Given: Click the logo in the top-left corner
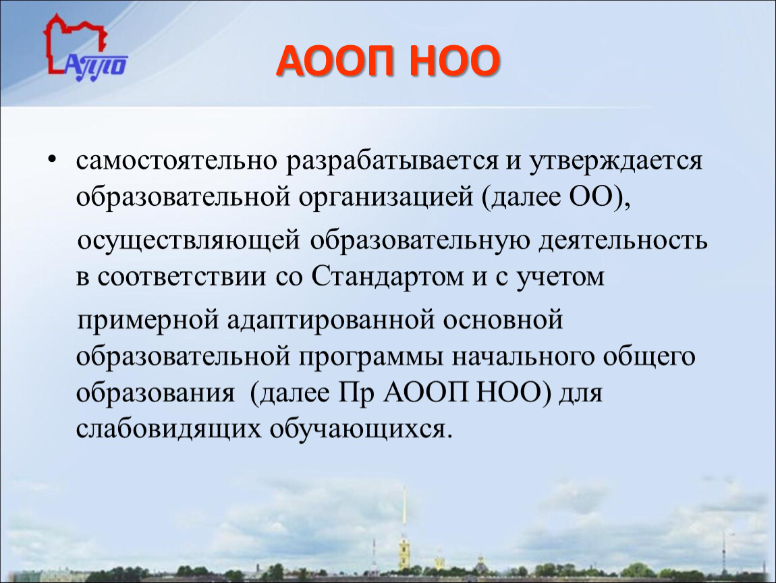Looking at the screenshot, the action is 84,48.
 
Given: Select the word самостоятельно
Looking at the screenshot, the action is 176,161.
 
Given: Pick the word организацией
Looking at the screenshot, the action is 385,198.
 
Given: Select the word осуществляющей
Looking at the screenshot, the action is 189,241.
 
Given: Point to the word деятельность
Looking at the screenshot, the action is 623,241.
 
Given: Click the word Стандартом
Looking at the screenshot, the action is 387,277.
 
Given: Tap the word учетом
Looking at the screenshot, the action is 560,277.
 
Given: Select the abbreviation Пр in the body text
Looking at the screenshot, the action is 357,393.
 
